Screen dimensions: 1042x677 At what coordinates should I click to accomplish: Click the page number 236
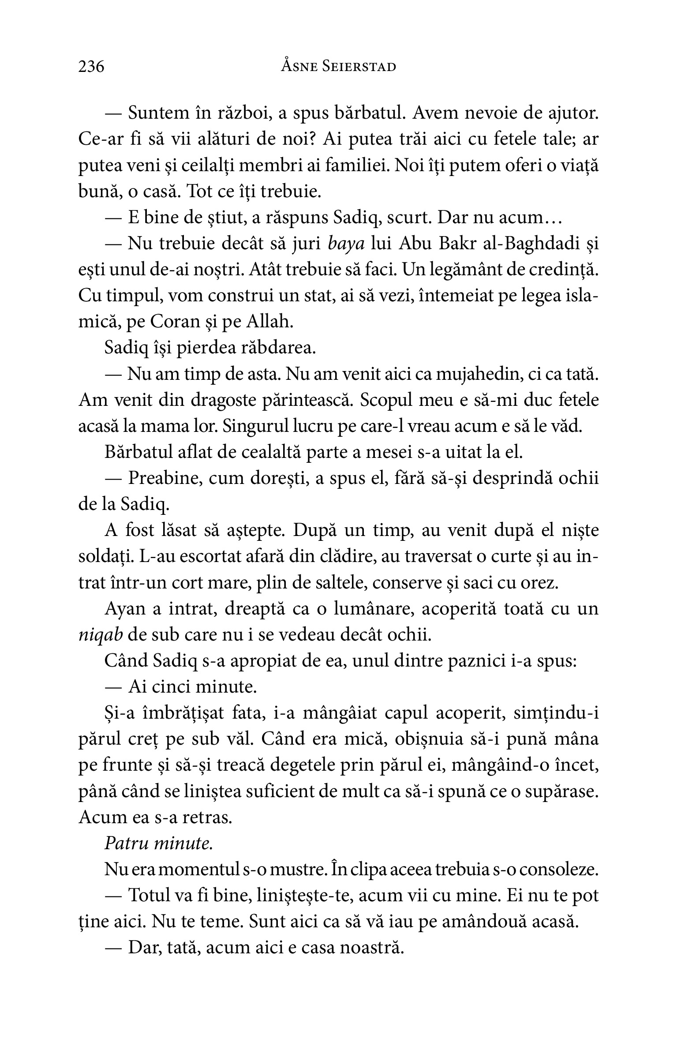[x=91, y=67]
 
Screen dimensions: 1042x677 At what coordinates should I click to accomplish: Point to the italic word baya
[x=347, y=244]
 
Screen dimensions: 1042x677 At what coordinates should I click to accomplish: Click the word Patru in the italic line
[x=125, y=844]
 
